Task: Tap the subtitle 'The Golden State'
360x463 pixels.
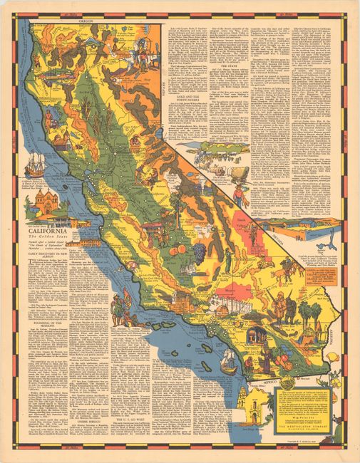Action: point(47,239)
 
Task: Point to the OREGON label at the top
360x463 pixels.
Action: point(85,22)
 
